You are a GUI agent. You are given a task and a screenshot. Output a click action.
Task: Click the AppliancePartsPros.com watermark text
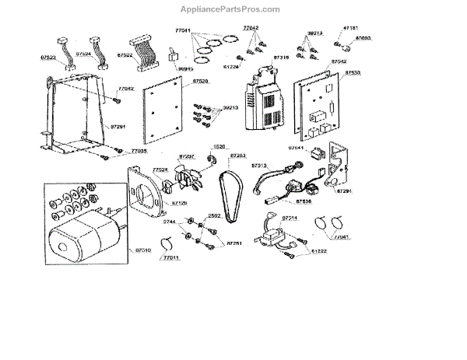point(234,9)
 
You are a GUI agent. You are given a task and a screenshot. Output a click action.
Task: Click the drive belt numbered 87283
point(233,187)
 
